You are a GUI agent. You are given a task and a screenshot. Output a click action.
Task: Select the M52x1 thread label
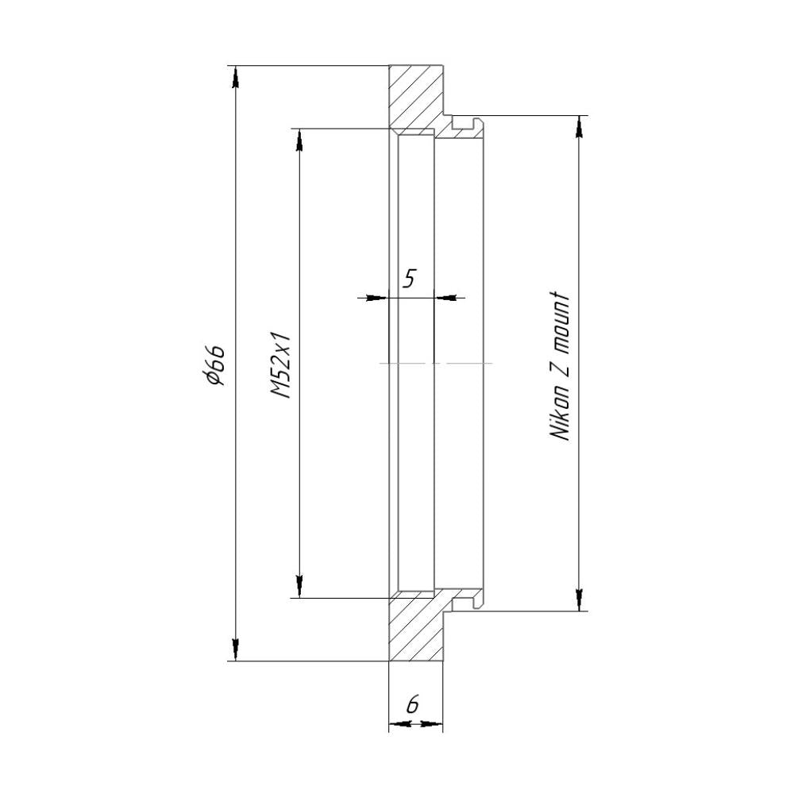tap(280, 364)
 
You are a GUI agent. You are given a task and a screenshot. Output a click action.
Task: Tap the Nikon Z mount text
tap(559, 365)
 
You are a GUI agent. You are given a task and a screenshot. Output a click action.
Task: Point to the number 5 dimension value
tap(409, 278)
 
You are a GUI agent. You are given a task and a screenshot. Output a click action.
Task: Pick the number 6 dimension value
tap(413, 704)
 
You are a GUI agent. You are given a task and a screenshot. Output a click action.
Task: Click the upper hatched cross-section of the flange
tap(415, 98)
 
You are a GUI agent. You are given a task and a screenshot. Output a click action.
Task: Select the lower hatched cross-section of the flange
tap(415, 628)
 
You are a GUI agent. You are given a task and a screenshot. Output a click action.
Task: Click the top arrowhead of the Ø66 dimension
tap(235, 78)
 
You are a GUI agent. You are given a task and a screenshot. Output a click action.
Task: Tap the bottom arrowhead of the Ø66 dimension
tap(235, 649)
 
